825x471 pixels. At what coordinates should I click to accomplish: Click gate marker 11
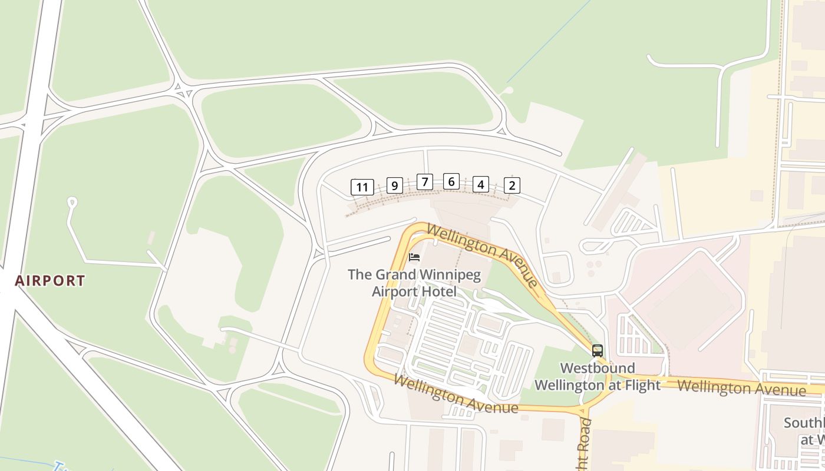(x=362, y=188)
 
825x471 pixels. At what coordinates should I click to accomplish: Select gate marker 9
(x=394, y=186)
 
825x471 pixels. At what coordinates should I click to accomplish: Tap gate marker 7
(x=424, y=182)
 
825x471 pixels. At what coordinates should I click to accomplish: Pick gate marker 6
(x=451, y=181)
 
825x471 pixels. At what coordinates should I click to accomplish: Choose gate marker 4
(x=481, y=185)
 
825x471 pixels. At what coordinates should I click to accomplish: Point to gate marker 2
(x=511, y=185)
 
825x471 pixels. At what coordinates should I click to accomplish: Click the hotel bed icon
(x=414, y=257)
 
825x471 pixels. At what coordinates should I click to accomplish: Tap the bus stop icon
(x=597, y=351)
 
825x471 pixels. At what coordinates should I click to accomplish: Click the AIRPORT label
(x=50, y=281)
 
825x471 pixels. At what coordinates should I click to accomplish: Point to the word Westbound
(x=597, y=369)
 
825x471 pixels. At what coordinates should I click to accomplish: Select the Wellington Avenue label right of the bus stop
(x=741, y=388)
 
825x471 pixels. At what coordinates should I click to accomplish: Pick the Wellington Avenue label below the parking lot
(x=456, y=394)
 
